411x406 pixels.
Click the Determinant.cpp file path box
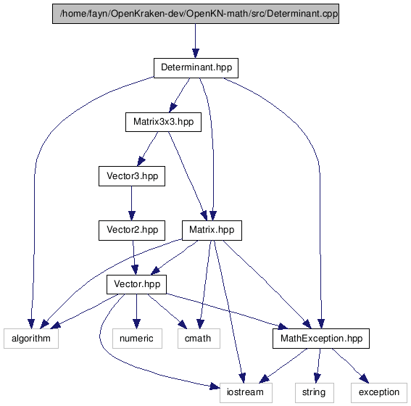pyautogui.click(x=196, y=14)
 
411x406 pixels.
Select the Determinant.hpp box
pyautogui.click(x=196, y=68)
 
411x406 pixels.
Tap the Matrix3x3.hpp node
pyautogui.click(x=163, y=122)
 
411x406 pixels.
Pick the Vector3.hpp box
pyautogui.click(x=132, y=176)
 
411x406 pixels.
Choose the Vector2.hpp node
pyautogui.click(x=132, y=231)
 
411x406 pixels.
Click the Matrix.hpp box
pyautogui.click(x=212, y=231)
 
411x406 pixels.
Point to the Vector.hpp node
pyautogui.click(x=136, y=284)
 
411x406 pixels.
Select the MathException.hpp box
pyautogui.click(x=321, y=339)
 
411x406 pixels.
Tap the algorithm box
pyautogui.click(x=31, y=339)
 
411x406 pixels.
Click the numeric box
pyautogui.click(x=137, y=339)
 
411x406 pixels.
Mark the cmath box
pyautogui.click(x=199, y=339)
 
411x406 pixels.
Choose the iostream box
pyautogui.click(x=246, y=393)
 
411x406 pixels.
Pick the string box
pyautogui.click(x=315, y=393)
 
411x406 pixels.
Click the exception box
pyautogui.click(x=379, y=393)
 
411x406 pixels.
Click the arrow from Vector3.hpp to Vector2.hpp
pyautogui.click(x=132, y=203)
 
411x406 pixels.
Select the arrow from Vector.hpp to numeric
pyautogui.click(x=136, y=311)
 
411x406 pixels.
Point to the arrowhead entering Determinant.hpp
pyautogui.click(x=195, y=53)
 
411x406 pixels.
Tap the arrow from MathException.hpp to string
pyautogui.click(x=318, y=365)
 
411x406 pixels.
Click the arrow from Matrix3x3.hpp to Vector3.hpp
pyautogui.click(x=148, y=149)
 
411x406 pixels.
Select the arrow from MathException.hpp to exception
pyautogui.click(x=350, y=365)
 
